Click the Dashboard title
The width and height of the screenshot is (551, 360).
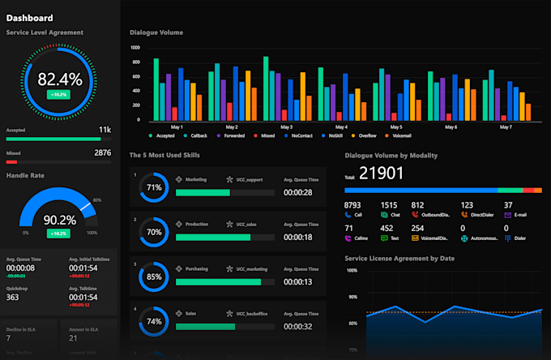(x=30, y=18)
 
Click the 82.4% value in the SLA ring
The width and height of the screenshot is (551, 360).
(x=60, y=79)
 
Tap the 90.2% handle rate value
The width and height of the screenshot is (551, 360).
(x=60, y=220)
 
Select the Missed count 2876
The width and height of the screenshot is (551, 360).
(x=103, y=152)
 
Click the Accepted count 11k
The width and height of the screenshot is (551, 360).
(x=105, y=130)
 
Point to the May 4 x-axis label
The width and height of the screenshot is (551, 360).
(x=341, y=127)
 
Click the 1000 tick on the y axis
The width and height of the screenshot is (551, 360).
(x=135, y=47)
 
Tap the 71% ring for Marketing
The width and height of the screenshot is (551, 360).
(x=153, y=186)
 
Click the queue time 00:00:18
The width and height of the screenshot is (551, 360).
(x=298, y=237)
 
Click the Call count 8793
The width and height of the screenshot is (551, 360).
(x=352, y=205)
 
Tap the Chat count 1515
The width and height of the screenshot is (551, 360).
(x=389, y=205)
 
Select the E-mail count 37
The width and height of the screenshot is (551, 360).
(x=508, y=205)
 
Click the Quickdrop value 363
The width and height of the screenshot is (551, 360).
(x=13, y=298)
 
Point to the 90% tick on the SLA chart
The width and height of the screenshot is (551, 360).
(x=352, y=297)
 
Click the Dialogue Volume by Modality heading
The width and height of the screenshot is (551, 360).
(x=391, y=155)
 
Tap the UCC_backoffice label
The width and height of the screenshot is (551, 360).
(x=254, y=311)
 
